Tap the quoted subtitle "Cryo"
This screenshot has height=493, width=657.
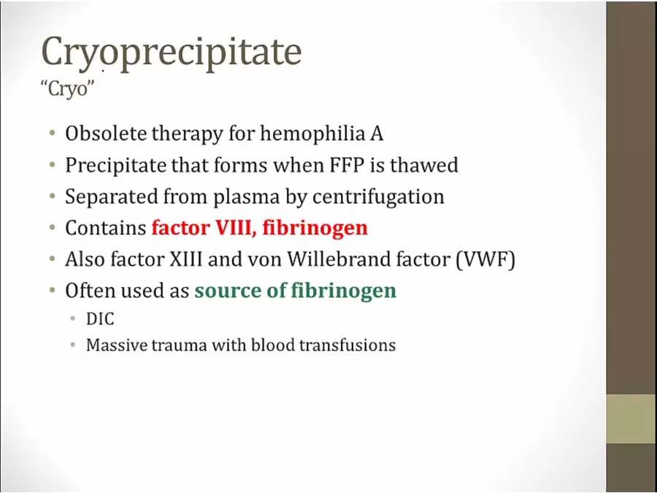point(67,88)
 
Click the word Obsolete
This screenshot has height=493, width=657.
point(107,134)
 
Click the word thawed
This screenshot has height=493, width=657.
point(424,165)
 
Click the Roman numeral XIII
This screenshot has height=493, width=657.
point(185,259)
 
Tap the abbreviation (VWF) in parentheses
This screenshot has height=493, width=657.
point(485,260)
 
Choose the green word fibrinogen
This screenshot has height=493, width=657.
point(344,291)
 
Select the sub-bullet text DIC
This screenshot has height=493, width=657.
point(100,319)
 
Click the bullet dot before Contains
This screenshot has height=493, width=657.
point(53,228)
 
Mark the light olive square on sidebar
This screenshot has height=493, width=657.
point(631,419)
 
